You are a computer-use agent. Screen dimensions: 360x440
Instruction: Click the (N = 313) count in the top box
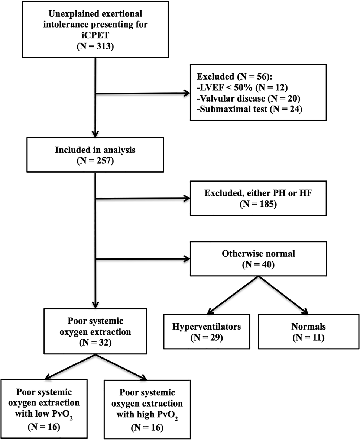point(95,46)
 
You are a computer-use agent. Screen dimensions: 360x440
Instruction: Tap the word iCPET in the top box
point(95,35)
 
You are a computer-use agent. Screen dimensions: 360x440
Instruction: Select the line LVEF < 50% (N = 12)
point(242,87)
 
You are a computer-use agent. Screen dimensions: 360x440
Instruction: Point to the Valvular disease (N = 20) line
point(249,98)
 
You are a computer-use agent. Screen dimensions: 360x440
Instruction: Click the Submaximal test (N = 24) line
point(250,109)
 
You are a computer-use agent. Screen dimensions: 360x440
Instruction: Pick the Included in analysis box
point(95,155)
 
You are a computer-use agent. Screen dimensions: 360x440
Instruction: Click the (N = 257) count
point(95,161)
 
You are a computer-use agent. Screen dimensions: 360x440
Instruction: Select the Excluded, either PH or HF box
point(258,198)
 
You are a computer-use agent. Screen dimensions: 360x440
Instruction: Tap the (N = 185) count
point(258,204)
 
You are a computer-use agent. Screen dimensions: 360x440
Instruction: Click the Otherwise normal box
point(258,258)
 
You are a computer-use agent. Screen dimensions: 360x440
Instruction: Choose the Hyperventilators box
point(207,331)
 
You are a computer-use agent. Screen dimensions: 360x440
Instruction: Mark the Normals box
point(308,331)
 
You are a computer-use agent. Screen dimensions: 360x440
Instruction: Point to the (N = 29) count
point(207,337)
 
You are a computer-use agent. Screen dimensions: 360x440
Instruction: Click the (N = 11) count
point(308,337)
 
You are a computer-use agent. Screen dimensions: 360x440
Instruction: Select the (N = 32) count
point(95,342)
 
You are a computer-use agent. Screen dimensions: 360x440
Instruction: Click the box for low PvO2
point(44,409)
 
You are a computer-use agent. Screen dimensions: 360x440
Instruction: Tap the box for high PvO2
point(147,410)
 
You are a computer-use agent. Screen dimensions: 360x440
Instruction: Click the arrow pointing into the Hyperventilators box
point(233,295)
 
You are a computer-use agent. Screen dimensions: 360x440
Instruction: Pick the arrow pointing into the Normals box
point(283,295)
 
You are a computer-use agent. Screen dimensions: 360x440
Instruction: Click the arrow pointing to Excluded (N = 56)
point(143,93)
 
